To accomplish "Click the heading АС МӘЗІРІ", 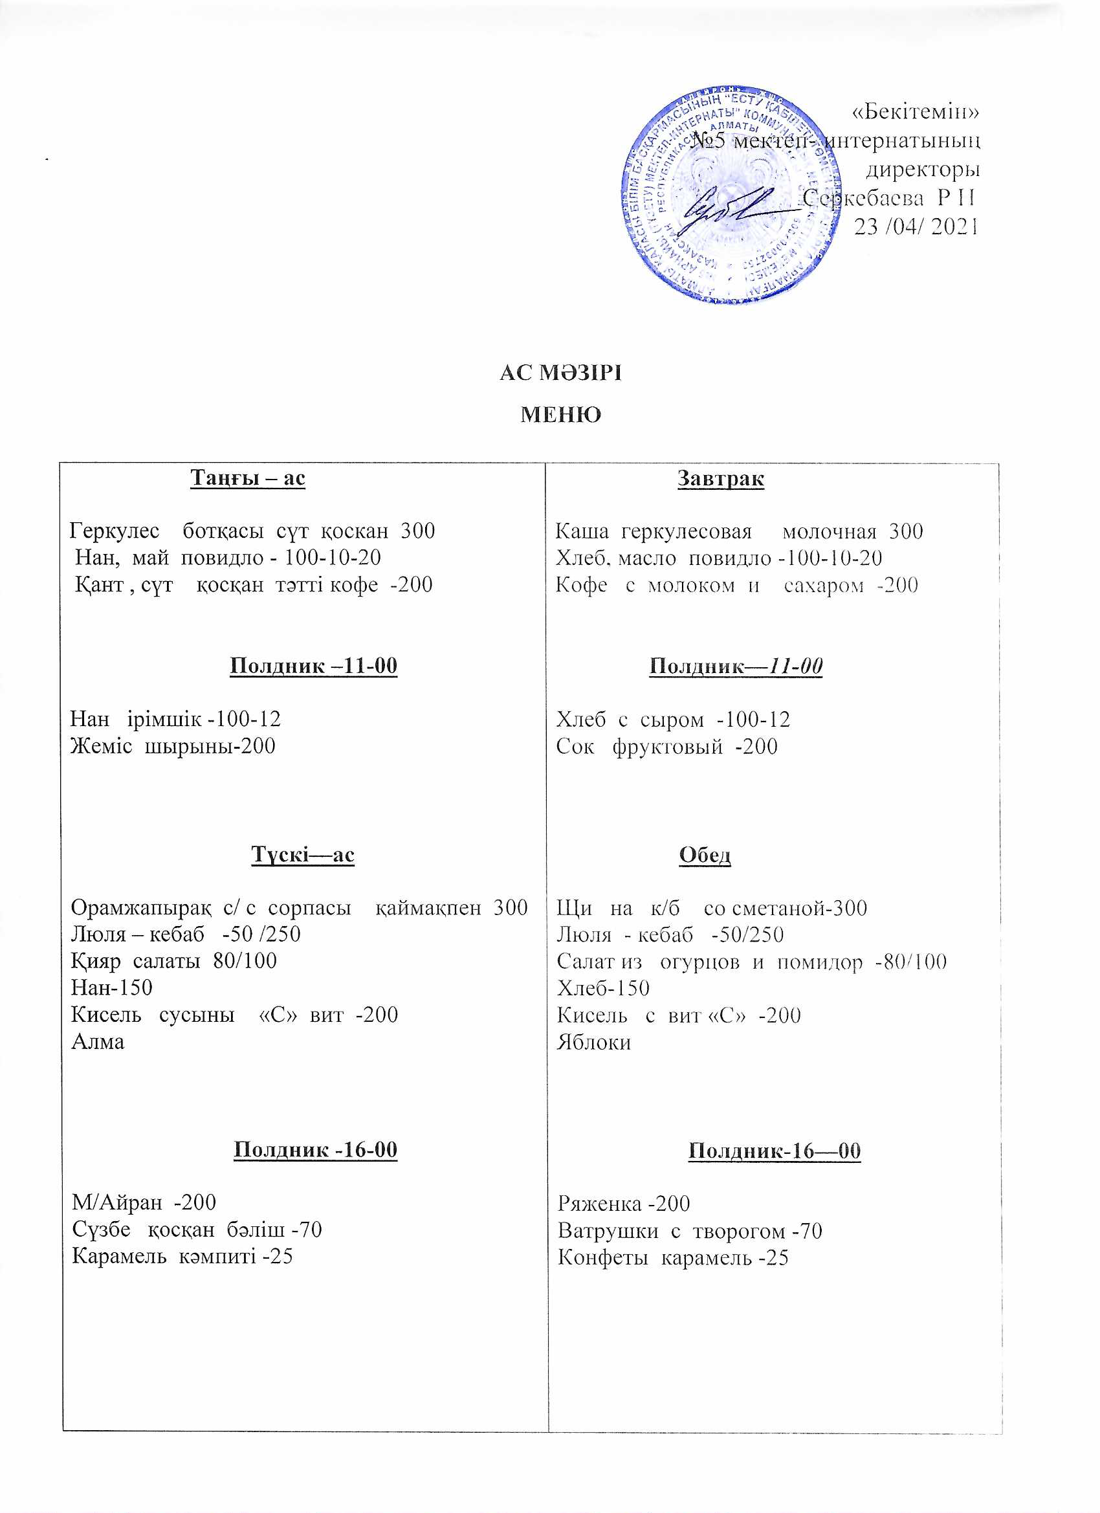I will pos(560,373).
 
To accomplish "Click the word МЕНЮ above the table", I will pos(560,414).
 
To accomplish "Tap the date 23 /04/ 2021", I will pos(916,228).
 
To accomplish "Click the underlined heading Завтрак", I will pos(720,478).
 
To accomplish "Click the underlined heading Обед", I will pos(705,855).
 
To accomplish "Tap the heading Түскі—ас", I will pos(303,855).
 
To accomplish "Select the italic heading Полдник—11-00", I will pos(735,666).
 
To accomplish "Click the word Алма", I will pos(98,1041).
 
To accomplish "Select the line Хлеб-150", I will pos(603,988).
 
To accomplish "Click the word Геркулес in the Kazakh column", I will pos(115,531).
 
